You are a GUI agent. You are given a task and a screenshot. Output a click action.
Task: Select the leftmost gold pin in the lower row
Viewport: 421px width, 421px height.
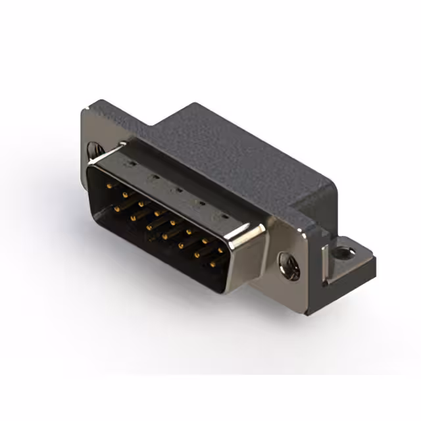click(x=117, y=209)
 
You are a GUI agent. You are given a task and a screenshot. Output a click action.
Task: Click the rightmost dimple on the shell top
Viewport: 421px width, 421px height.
click(x=224, y=217)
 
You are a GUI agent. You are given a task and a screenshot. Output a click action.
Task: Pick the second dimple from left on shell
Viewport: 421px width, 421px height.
click(x=153, y=176)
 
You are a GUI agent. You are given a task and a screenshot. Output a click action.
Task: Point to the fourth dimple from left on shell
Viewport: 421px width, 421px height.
click(x=200, y=203)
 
